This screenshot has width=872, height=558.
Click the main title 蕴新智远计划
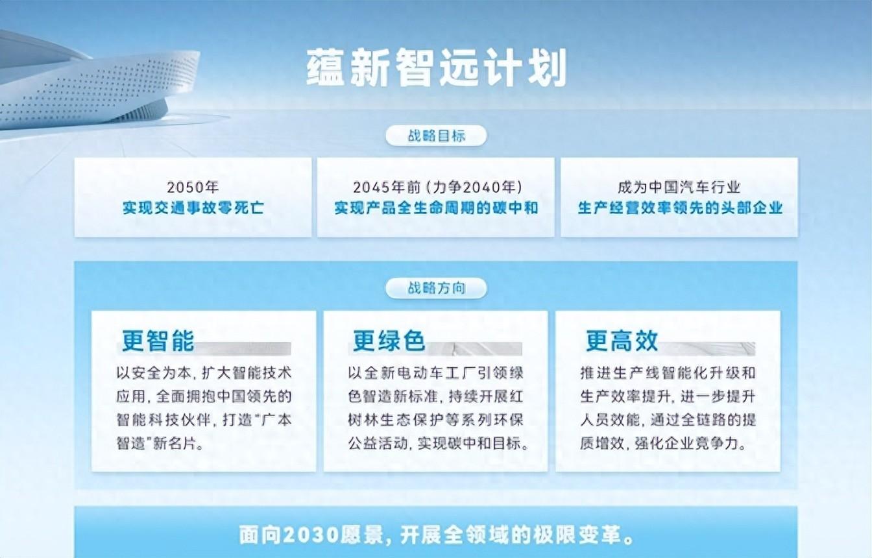(x=436, y=67)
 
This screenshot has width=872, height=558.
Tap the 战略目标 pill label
(x=436, y=136)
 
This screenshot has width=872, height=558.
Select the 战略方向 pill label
(x=436, y=288)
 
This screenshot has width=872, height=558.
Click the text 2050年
(x=193, y=188)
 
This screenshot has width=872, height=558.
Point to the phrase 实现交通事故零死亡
(x=193, y=208)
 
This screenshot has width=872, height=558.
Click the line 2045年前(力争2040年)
(x=437, y=188)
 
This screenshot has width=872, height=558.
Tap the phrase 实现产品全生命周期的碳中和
(x=436, y=208)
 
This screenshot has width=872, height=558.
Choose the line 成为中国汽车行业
(x=679, y=188)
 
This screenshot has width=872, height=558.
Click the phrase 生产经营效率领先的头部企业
(x=679, y=208)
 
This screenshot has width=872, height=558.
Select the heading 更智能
(x=158, y=341)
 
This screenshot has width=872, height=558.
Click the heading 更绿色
(x=389, y=341)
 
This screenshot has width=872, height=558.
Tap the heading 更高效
(x=622, y=341)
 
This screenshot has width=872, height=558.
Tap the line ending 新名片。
(x=160, y=443)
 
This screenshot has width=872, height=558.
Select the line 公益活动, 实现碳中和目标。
(x=438, y=443)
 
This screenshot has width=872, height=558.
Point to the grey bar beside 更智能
(x=243, y=348)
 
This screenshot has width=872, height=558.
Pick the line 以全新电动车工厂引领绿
(x=435, y=373)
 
